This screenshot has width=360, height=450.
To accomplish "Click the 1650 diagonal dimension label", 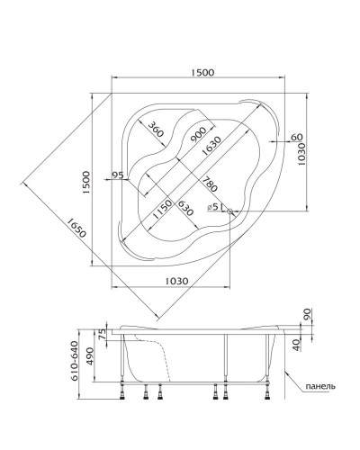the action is pos(76,227).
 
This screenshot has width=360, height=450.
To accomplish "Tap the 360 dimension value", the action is pos(156,129).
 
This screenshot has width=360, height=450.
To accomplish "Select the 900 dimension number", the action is pos(198,135).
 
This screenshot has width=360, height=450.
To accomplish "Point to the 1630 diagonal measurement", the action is pos(211,146).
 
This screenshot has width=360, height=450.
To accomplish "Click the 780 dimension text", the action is pos(210,184).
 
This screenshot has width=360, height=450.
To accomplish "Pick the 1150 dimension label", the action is pos(162,209).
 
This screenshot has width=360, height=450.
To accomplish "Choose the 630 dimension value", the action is pos(184,208).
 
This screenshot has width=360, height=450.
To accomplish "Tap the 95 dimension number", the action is pos(117,175).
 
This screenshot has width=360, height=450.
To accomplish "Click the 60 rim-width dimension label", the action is pos(296,137).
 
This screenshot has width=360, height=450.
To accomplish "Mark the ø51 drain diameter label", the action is pos(215,207).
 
